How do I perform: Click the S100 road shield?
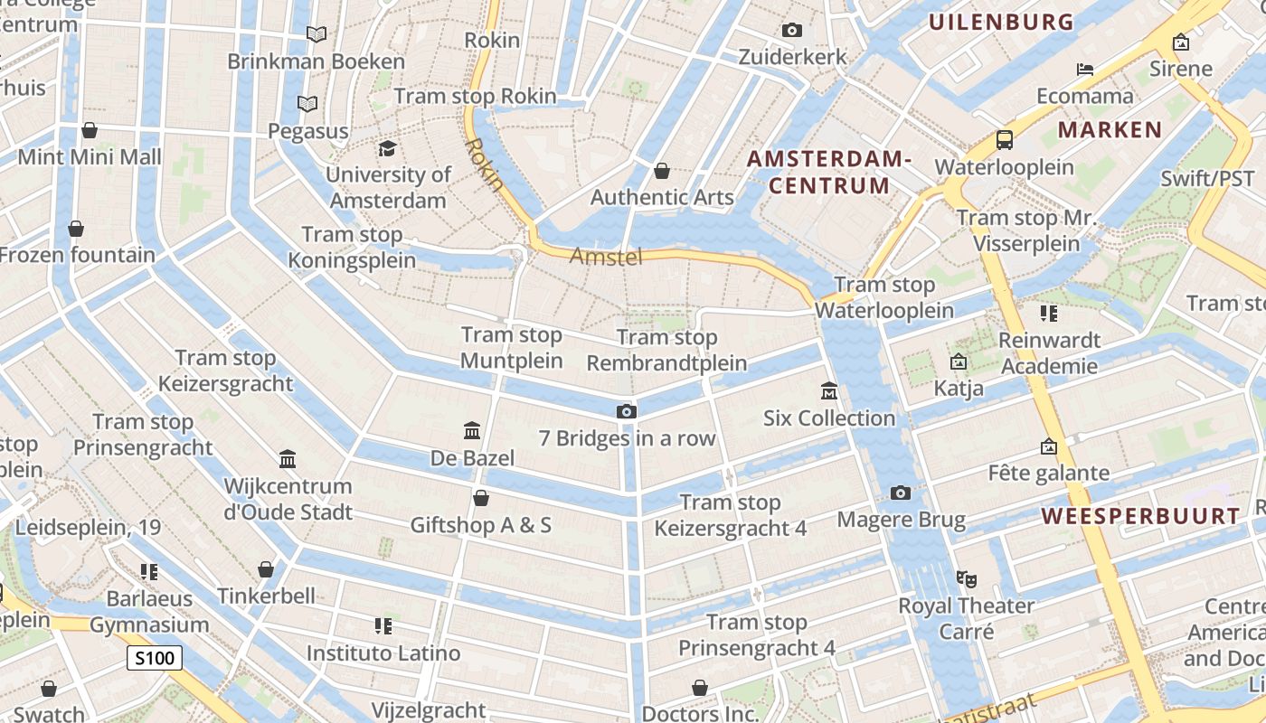coord(154,658)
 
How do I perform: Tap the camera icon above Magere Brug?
coord(900,493)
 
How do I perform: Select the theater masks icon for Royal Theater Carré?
coord(967,577)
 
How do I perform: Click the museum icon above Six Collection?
coord(828,390)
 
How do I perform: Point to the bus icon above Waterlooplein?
coord(1004,140)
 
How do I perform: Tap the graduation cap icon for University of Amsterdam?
coord(387,148)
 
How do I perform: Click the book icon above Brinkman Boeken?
coord(316,34)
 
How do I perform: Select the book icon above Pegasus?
coord(307,104)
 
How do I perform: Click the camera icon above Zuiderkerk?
coord(792,30)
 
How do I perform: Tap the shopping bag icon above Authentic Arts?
coord(662,170)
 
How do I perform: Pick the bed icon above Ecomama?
coord(1085,69)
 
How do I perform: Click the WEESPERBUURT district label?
coord(1141,516)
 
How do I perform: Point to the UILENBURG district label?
coord(1001,22)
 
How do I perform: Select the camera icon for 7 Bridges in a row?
coord(626,411)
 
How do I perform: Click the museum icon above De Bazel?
coord(471,430)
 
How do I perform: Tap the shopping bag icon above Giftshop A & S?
coord(481,498)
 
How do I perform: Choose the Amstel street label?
coord(606,257)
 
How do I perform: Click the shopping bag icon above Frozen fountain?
coord(76,228)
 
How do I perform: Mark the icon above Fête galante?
coord(1048,446)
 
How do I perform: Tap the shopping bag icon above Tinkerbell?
coord(266,568)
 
